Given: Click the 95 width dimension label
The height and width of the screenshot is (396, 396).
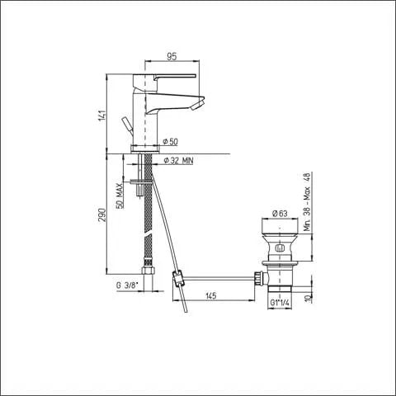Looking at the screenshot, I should [172, 57].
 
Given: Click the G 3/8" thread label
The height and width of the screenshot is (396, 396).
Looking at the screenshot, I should [129, 285].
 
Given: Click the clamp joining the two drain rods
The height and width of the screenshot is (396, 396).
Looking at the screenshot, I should [177, 278].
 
